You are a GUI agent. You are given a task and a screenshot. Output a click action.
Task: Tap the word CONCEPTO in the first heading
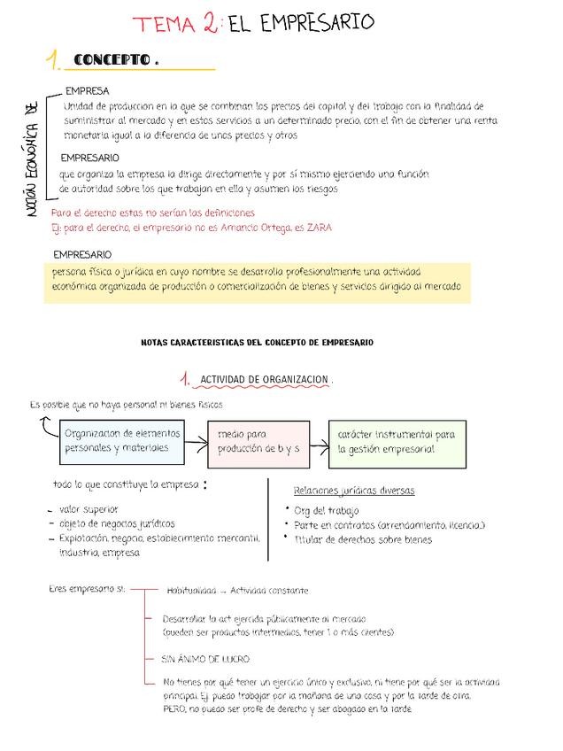[112, 60]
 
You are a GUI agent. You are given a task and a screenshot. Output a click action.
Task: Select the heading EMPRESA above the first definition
[88, 91]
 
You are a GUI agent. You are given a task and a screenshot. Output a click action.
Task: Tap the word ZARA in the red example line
[319, 228]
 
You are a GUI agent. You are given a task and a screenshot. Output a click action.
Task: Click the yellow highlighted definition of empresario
[257, 279]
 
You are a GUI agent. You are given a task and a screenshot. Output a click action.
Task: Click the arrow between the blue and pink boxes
[197, 443]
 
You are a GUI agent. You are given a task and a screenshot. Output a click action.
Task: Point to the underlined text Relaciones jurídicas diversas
[353, 491]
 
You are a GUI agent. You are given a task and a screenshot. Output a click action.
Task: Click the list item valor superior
[89, 509]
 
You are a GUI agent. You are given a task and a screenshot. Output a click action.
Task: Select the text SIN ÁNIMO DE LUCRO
[205, 659]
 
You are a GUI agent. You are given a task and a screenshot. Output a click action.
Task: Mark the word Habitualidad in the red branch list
[190, 591]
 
